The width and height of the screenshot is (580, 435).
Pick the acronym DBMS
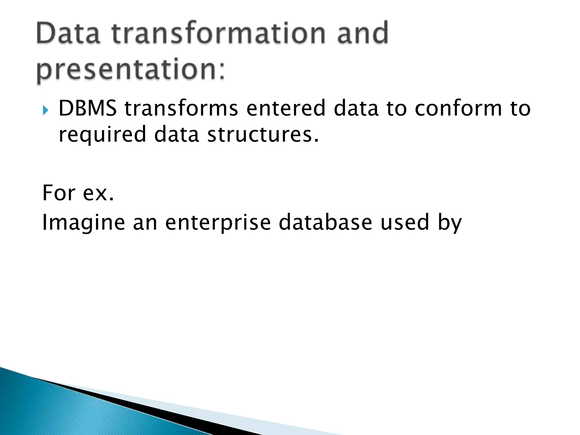click(x=88, y=108)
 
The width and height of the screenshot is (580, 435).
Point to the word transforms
click(x=181, y=108)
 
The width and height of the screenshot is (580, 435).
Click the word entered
click(x=286, y=108)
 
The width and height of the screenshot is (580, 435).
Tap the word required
click(x=102, y=135)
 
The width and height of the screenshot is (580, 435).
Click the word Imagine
click(x=84, y=223)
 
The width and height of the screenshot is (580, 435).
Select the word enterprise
click(x=218, y=223)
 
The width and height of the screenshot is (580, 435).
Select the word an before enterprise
click(x=145, y=223)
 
